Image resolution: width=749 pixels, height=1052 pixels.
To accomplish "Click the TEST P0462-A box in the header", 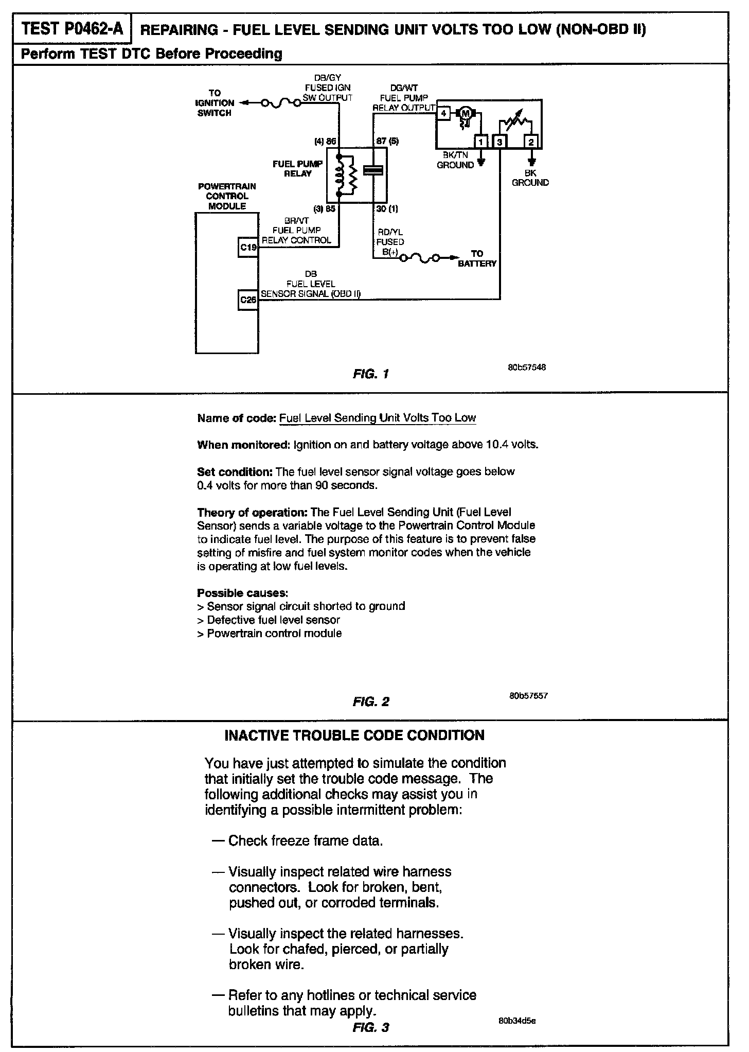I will coord(73,29).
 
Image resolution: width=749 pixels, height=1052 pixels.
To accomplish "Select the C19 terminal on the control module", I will coord(248,248).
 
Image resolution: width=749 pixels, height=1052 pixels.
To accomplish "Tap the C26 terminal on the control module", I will coord(248,300).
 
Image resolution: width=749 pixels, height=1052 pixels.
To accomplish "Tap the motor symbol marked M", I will coord(466,113).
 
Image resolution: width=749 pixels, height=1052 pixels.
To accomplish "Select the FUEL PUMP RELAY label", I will coord(298,169).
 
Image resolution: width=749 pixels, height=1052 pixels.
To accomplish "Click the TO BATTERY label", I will coord(477,258).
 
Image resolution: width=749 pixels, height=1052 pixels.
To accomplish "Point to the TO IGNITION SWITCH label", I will coord(215,103).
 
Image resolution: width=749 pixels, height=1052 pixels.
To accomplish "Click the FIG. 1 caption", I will coord(370,374).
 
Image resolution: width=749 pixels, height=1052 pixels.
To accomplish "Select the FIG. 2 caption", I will coord(371,702).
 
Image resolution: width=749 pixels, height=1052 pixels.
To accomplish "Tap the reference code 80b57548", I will coord(526,367).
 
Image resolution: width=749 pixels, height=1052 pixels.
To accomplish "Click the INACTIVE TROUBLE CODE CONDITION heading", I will coord(354,735).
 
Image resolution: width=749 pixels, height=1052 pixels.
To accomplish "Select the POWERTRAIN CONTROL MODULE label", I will coord(227,196).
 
